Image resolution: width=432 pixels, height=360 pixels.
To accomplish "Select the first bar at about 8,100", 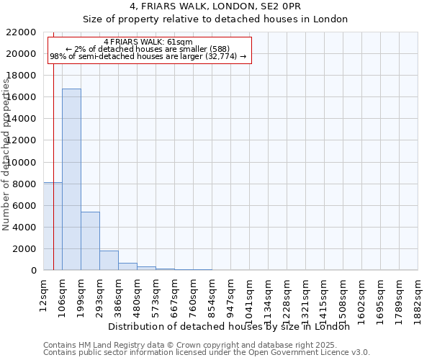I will point(52,226).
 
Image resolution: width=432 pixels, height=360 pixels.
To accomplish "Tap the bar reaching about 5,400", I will point(90,241).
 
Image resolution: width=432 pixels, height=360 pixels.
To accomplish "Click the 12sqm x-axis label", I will point(43,292).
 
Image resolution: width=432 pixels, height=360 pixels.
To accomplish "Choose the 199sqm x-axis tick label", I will point(81,294).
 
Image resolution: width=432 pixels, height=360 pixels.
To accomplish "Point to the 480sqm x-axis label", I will point(137,294).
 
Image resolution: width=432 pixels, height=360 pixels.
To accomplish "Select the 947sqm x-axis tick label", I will point(230,294).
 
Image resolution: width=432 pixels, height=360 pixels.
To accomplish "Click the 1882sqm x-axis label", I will point(418,296).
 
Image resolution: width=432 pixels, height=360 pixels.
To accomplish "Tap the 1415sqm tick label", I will point(324,296).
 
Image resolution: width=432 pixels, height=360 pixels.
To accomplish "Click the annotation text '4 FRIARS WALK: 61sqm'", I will point(148,42).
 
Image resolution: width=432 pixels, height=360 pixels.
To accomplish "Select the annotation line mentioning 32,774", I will point(148,56).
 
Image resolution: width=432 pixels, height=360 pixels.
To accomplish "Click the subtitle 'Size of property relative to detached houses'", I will point(215,19).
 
